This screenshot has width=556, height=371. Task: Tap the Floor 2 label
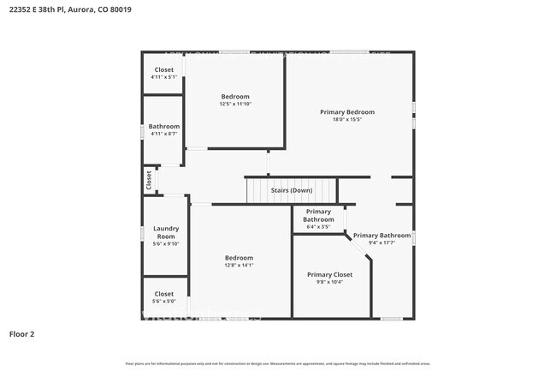(22, 334)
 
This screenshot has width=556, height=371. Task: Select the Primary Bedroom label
(347, 112)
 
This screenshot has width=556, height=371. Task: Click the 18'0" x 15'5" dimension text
(347, 120)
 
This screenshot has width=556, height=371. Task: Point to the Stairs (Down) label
(291, 190)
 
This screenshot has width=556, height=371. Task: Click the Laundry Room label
(165, 232)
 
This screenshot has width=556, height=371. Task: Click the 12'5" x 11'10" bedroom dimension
(235, 104)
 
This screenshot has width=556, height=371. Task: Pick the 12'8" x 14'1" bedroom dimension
(239, 266)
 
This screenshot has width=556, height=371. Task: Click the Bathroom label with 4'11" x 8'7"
(163, 126)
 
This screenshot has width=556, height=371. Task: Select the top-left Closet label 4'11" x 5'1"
(163, 69)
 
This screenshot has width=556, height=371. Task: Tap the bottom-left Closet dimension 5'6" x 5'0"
(163, 301)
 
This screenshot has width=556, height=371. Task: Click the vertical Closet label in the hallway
(148, 180)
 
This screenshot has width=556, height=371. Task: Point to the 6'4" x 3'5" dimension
(318, 227)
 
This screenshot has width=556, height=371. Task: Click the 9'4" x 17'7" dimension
(382, 243)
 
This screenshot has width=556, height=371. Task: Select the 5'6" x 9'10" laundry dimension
(165, 243)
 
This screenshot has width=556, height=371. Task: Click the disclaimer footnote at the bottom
(278, 363)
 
